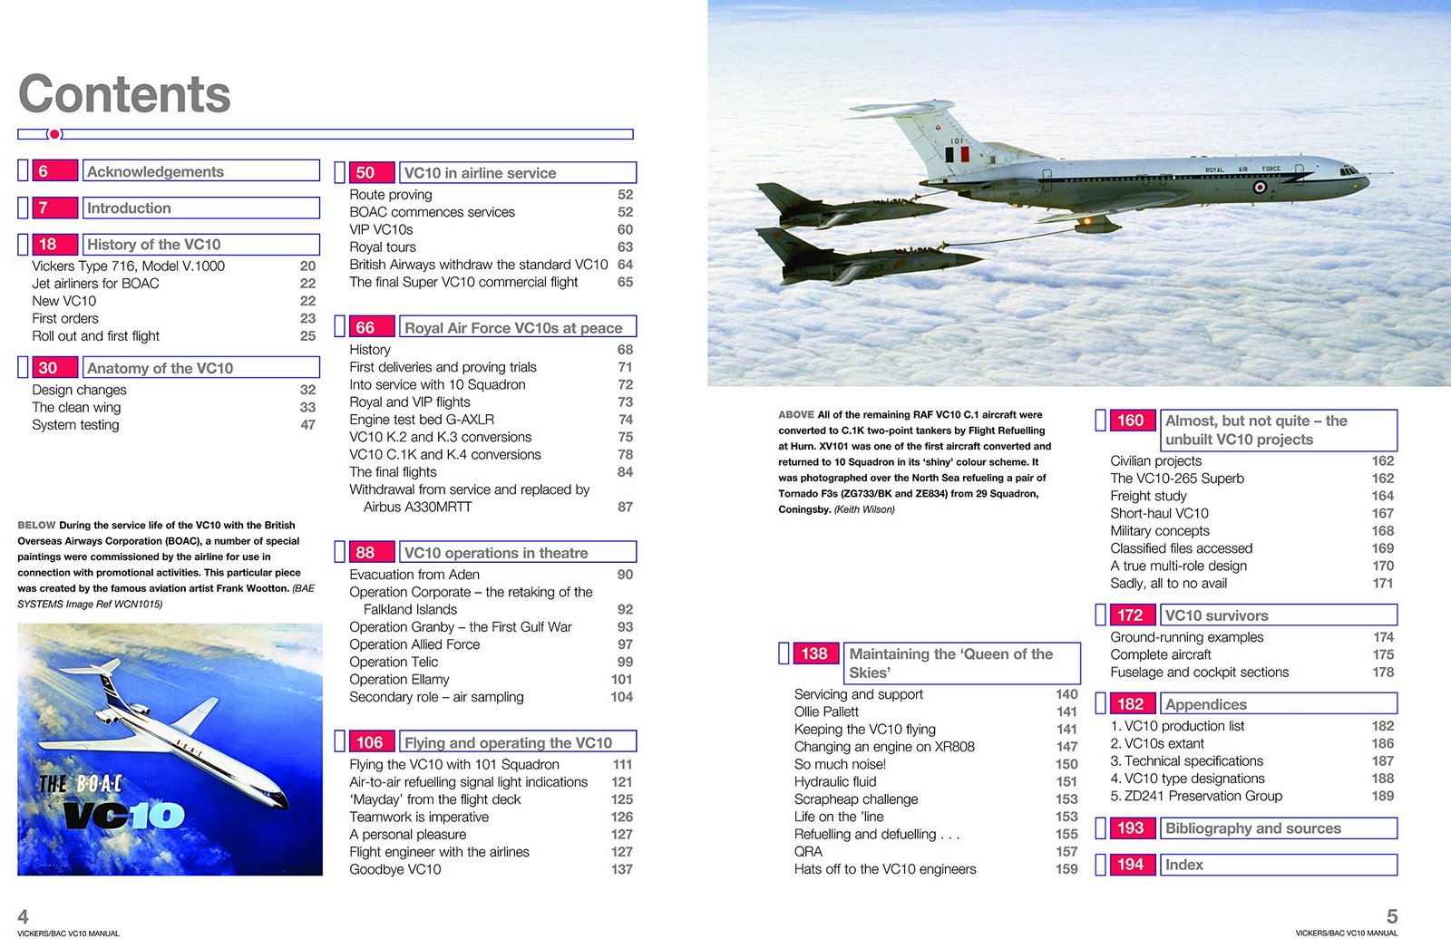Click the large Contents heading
tap(124, 94)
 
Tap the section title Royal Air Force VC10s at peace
tap(513, 328)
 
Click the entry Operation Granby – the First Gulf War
tap(461, 627)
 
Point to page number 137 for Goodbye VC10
tap(621, 869)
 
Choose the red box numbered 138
tap(814, 653)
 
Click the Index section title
tap(1184, 865)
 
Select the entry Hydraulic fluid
tap(835, 781)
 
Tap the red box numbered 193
tap(1130, 828)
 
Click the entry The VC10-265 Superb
tap(1177, 479)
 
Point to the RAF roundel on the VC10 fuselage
tap(1260, 188)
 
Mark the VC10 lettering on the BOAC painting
tap(124, 816)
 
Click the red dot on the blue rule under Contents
tap(55, 134)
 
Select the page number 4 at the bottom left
tap(24, 916)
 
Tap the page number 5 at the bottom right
tap(1392, 916)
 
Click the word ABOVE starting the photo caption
tap(796, 415)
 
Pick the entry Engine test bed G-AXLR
tap(422, 420)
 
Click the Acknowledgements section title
tap(155, 172)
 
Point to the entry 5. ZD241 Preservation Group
tap(1196, 796)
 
